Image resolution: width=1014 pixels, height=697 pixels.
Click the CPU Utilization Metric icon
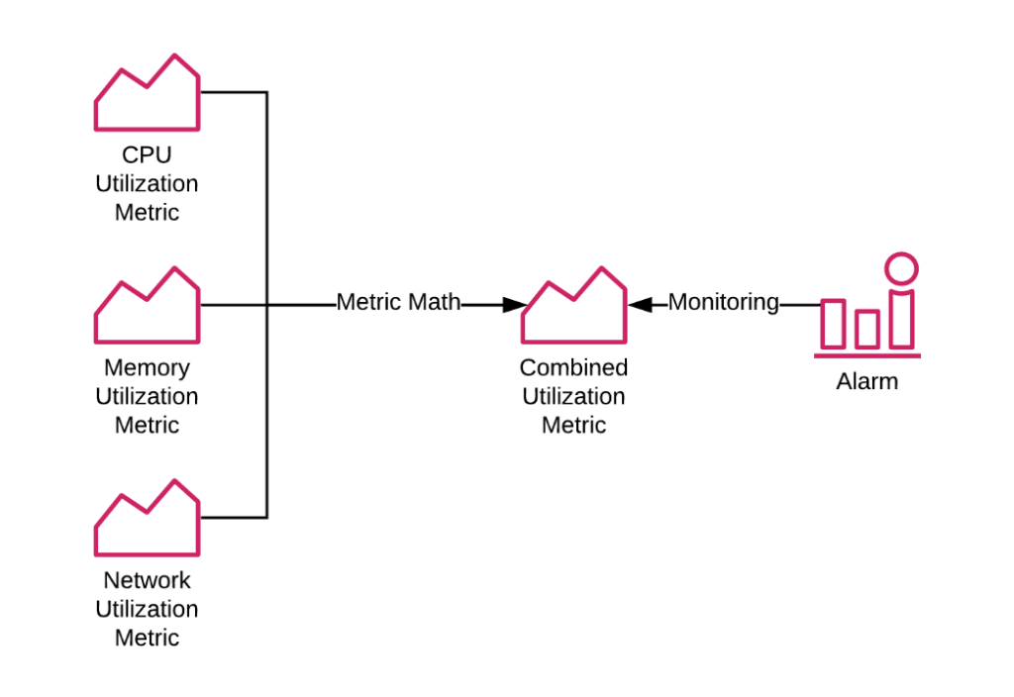(147, 96)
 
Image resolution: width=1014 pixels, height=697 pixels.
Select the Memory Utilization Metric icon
(147, 309)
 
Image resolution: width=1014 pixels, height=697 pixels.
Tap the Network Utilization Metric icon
(147, 522)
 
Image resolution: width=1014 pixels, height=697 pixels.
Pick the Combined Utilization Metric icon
(574, 309)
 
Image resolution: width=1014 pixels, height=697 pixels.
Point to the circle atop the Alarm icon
(901, 268)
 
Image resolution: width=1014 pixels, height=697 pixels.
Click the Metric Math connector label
(398, 303)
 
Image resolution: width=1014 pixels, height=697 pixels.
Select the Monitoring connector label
(723, 303)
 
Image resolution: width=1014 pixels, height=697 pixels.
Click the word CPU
(147, 155)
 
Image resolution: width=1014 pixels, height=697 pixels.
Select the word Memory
(147, 368)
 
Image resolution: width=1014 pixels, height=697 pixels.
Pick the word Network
(147, 581)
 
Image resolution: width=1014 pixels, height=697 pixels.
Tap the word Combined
(574, 368)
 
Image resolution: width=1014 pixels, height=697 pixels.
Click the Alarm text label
(867, 382)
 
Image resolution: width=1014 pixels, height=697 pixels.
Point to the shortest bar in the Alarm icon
(867, 329)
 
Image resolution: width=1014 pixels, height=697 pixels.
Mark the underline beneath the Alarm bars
(868, 354)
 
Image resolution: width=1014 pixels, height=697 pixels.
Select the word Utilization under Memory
(147, 397)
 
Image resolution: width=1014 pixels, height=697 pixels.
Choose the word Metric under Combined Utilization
(574, 426)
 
